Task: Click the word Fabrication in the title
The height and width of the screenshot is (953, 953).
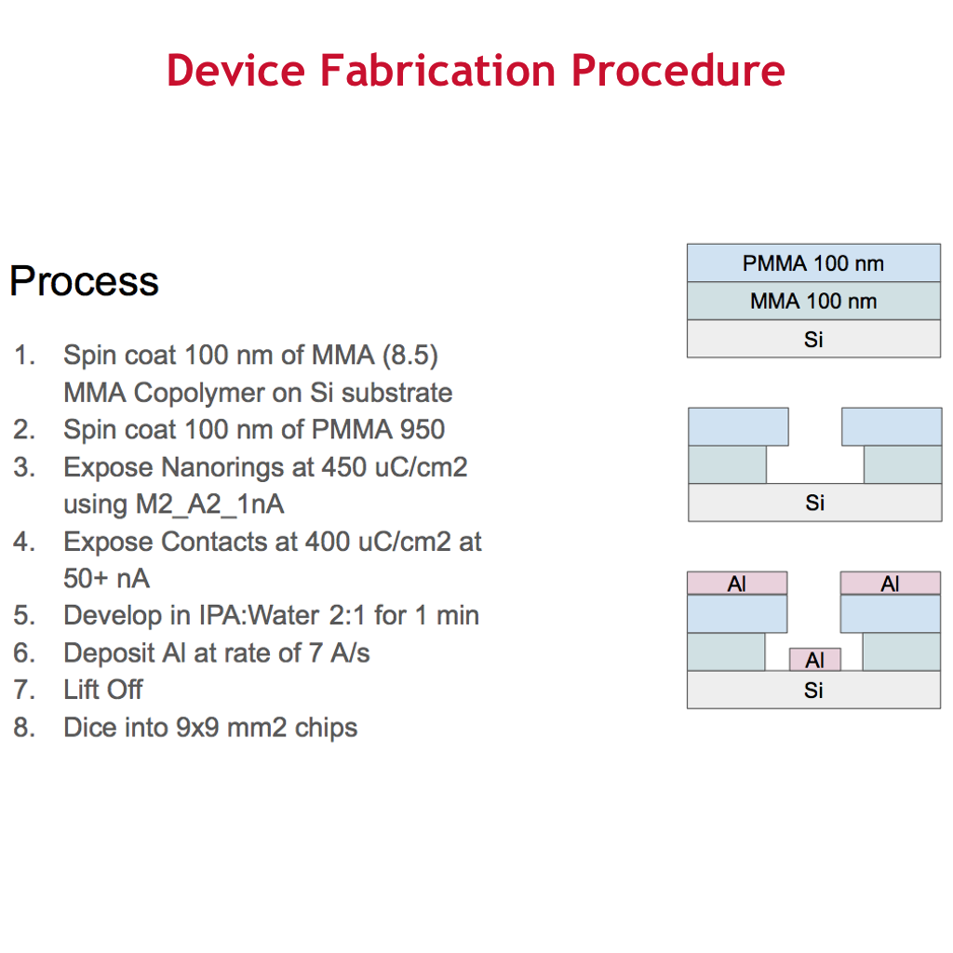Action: (437, 70)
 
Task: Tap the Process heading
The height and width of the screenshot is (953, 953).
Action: (84, 281)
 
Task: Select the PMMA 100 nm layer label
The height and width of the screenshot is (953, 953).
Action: (813, 263)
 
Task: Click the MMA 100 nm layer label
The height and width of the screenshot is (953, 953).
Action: (813, 301)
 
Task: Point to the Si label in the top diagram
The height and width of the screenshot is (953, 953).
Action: (813, 339)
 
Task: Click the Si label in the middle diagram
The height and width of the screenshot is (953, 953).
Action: (814, 503)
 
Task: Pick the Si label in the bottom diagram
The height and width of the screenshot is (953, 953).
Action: (813, 690)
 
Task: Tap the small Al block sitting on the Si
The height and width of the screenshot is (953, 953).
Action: (815, 660)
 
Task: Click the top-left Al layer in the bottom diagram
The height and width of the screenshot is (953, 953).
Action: (737, 583)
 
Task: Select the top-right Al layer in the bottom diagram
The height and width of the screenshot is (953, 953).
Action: (891, 583)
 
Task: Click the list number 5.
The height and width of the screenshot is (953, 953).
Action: (24, 616)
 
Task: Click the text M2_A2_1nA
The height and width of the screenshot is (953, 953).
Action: (174, 503)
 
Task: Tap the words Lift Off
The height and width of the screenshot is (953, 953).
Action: (103, 690)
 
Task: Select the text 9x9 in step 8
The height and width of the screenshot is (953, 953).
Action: (197, 728)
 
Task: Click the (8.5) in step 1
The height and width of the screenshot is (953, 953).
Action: (410, 355)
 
